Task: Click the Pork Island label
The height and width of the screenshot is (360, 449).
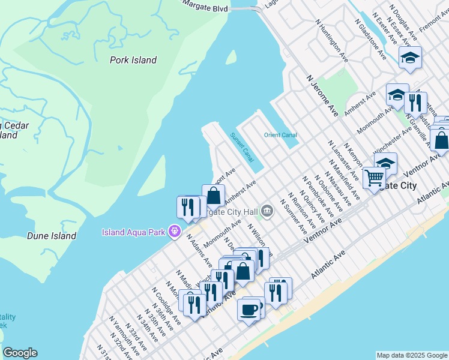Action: click(x=133, y=60)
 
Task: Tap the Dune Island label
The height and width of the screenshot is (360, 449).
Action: click(x=52, y=236)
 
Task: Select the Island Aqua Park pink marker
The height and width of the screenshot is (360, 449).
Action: click(x=175, y=230)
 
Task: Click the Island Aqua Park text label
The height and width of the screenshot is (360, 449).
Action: click(x=134, y=232)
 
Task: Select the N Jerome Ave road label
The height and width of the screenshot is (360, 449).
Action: click(x=322, y=95)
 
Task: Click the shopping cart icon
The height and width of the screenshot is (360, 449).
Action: click(x=374, y=177)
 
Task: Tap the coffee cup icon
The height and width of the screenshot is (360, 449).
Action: click(x=249, y=310)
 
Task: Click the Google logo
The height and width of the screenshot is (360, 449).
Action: click(x=20, y=353)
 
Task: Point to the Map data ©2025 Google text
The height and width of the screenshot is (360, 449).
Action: click(x=412, y=355)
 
